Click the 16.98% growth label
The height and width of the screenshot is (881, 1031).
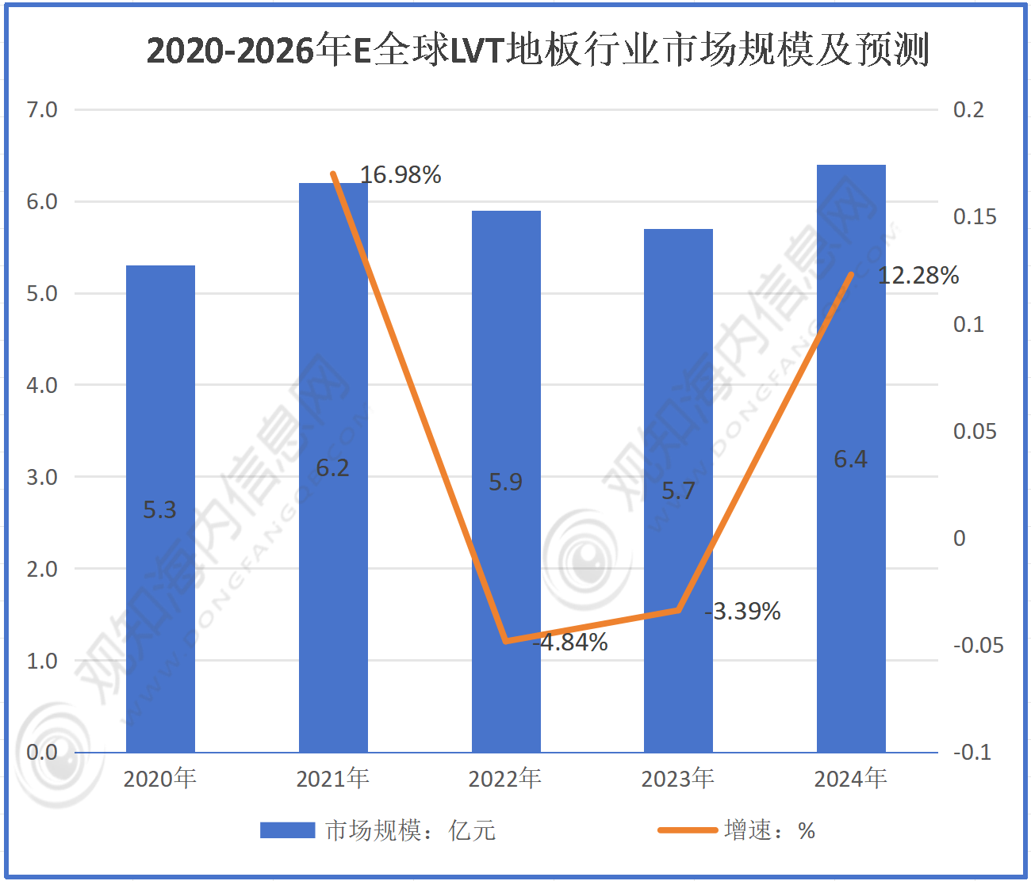[x=401, y=174]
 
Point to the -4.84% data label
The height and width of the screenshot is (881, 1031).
[x=571, y=642]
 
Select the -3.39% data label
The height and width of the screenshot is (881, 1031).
[x=743, y=611]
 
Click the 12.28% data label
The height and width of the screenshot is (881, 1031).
[x=918, y=275]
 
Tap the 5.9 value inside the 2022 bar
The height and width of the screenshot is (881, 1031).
[x=505, y=482]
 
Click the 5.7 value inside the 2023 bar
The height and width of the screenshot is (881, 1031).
[x=678, y=491]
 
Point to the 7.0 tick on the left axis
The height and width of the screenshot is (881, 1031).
[x=42, y=109]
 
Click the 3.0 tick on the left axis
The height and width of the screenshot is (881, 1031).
[x=42, y=477]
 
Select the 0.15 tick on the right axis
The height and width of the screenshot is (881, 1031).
[x=975, y=216]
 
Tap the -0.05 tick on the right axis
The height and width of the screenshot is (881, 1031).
[x=978, y=645]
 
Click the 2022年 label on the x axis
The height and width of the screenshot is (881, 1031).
[x=505, y=778]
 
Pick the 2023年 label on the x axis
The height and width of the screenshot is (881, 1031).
[x=678, y=778]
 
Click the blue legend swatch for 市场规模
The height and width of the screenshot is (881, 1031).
[x=287, y=830]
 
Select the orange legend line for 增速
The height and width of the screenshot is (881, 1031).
[x=687, y=830]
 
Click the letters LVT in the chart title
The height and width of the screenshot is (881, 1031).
[x=477, y=51]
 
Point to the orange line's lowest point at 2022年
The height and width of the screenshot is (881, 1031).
[x=506, y=641]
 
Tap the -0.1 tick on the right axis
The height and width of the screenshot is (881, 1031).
[x=972, y=752]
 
